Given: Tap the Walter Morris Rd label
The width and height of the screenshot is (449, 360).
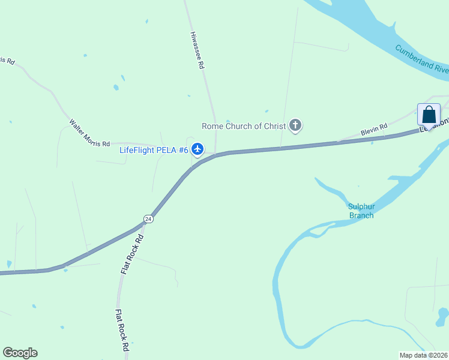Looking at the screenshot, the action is coord(89,134).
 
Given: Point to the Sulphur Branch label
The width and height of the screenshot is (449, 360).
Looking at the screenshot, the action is coord(361,211).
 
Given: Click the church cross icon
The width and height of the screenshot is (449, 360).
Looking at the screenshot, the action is coord(295,125).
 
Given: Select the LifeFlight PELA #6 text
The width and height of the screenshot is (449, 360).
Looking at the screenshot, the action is coord(154,149).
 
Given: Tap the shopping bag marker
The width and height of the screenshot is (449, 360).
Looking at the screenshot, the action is coord(429,114).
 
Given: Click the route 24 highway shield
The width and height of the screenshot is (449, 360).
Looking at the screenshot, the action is coord(148,219).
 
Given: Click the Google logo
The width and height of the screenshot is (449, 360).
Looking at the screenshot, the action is coord(20,353).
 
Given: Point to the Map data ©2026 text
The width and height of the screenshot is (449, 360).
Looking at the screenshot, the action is coord(424,355).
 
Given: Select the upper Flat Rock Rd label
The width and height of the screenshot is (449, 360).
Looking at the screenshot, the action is coord(133,254).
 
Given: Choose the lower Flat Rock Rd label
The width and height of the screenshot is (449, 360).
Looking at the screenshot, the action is coord(122,331).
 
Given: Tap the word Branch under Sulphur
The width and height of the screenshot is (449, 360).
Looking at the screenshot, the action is coord(361,215).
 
